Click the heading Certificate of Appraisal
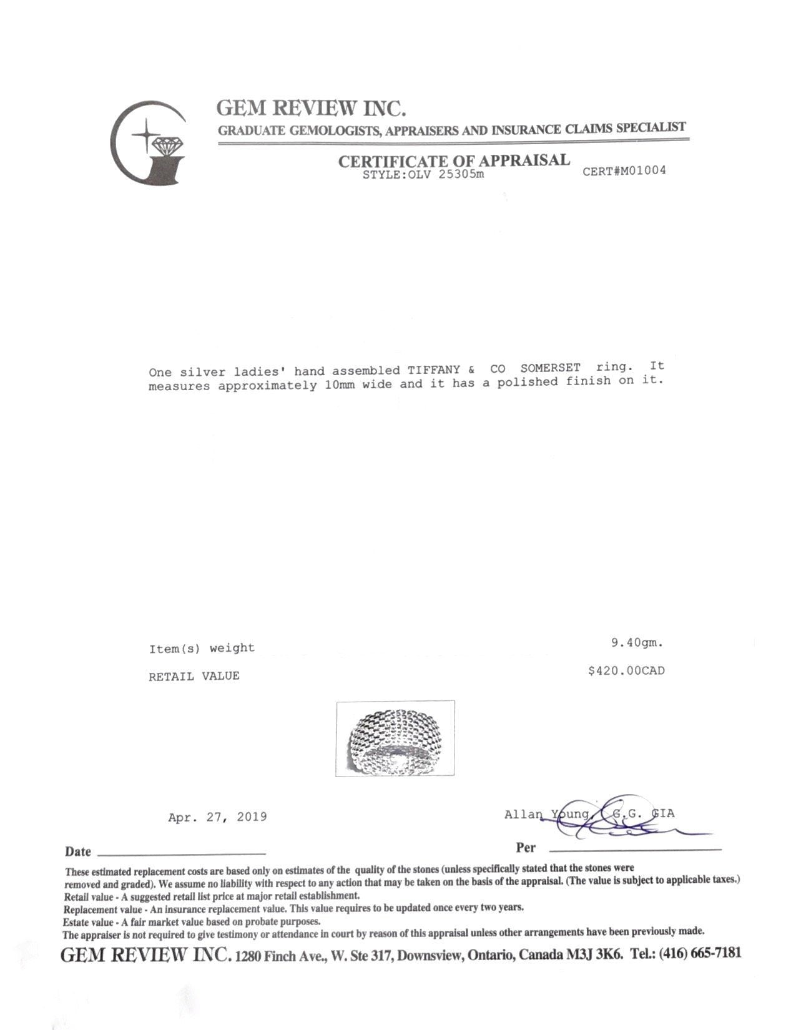point(454,160)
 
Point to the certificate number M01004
point(624,170)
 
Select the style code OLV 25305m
point(423,174)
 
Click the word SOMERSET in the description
point(550,368)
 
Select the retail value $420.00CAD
point(626,671)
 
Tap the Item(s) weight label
point(202,649)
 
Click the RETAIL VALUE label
point(194,676)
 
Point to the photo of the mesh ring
point(395,738)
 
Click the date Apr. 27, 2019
point(217,817)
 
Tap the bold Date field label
point(78,851)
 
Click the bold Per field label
point(526,848)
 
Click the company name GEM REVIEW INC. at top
point(311,109)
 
